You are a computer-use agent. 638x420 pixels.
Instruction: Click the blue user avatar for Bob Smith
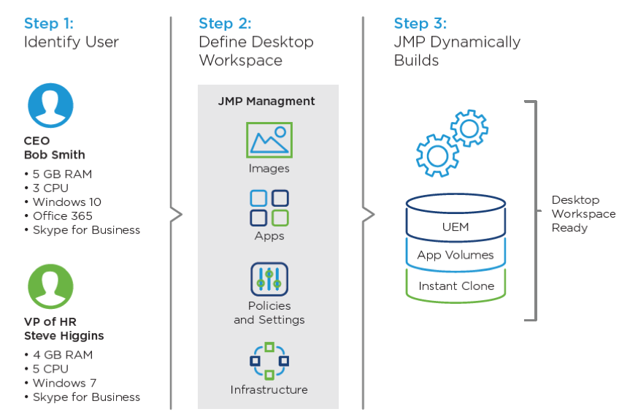50,105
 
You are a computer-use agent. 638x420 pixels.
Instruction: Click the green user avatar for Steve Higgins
50,286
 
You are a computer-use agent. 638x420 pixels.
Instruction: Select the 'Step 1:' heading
50,23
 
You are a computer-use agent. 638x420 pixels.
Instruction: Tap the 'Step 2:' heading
226,23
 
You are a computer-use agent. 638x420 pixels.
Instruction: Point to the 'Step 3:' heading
420,23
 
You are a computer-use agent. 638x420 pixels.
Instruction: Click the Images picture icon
269,140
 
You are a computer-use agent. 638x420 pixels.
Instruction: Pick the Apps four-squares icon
269,207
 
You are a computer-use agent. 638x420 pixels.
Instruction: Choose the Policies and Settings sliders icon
269,278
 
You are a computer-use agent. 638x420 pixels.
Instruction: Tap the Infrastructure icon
269,361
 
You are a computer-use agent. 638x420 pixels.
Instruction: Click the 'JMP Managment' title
266,102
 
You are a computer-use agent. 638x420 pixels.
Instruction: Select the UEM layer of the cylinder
456,226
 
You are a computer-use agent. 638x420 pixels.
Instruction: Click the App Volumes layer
456,255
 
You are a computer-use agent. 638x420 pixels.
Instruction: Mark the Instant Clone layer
456,286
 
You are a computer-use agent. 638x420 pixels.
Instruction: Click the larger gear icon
437,155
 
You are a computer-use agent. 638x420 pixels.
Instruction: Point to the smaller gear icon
469,129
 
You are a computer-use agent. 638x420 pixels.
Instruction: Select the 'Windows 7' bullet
64,383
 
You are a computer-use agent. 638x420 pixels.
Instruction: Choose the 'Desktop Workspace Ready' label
583,213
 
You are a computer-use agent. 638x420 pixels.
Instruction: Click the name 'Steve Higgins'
64,336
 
